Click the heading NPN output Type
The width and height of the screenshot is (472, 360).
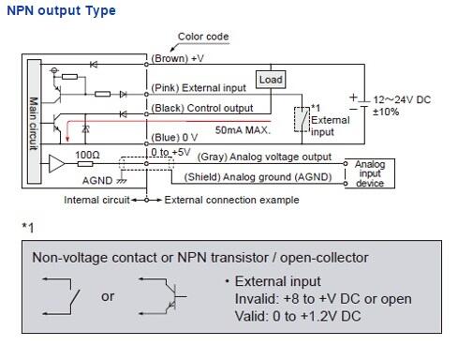click(x=58, y=11)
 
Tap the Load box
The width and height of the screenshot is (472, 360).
click(x=271, y=81)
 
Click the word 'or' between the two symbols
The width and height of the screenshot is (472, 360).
click(x=108, y=296)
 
